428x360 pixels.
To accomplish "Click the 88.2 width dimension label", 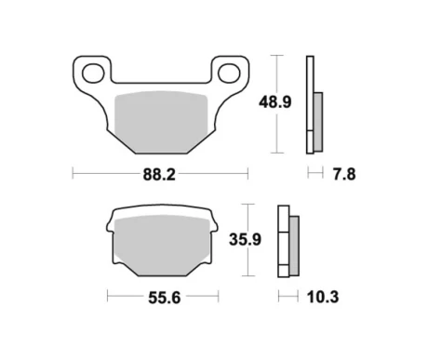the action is point(159,175).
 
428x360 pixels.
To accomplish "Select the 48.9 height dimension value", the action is point(275,102).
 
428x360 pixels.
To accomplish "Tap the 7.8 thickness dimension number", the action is point(344,174).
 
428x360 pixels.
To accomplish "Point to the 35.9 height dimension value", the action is point(245,239).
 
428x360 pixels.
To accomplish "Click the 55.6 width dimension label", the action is point(164,298).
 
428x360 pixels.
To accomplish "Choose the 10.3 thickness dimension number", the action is point(323,297).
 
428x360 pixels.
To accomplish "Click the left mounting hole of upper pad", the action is point(93,73).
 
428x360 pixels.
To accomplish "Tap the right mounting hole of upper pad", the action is point(229,73).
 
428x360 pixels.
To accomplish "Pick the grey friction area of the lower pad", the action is point(161,245).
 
